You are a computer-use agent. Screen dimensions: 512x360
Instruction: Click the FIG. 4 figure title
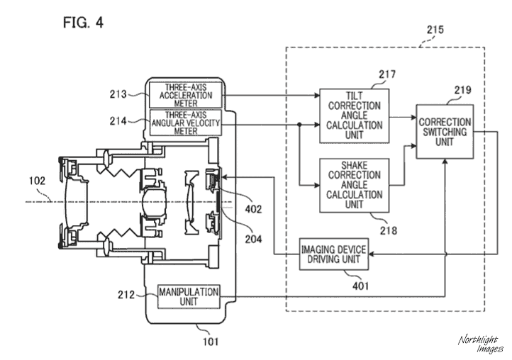83,23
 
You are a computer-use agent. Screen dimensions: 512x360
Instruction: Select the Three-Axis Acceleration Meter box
186,95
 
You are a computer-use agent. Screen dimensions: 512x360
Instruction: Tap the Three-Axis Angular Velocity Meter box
186,123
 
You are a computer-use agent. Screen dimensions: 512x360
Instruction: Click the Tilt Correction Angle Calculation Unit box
355,116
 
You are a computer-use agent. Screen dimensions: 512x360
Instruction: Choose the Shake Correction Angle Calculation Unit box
355,185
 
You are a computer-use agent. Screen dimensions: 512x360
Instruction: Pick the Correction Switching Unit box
445,132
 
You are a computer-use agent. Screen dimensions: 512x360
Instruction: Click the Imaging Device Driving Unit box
334,254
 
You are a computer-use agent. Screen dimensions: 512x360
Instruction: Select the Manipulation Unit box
189,296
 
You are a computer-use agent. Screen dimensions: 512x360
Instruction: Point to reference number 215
435,30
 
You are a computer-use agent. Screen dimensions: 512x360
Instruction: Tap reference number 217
387,74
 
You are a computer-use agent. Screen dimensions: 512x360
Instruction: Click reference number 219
462,90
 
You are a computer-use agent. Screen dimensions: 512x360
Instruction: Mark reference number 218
389,231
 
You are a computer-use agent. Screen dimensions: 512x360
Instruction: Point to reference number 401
360,286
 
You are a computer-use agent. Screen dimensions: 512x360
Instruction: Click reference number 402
253,209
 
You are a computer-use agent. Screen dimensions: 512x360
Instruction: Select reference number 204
253,240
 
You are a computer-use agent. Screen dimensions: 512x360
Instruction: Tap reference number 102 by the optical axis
37,181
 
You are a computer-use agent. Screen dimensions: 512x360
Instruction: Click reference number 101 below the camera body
211,342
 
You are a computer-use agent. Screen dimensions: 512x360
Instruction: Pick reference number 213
118,94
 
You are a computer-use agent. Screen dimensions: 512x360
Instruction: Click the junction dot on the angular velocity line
299,124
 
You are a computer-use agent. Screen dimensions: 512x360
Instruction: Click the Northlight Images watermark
480,344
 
